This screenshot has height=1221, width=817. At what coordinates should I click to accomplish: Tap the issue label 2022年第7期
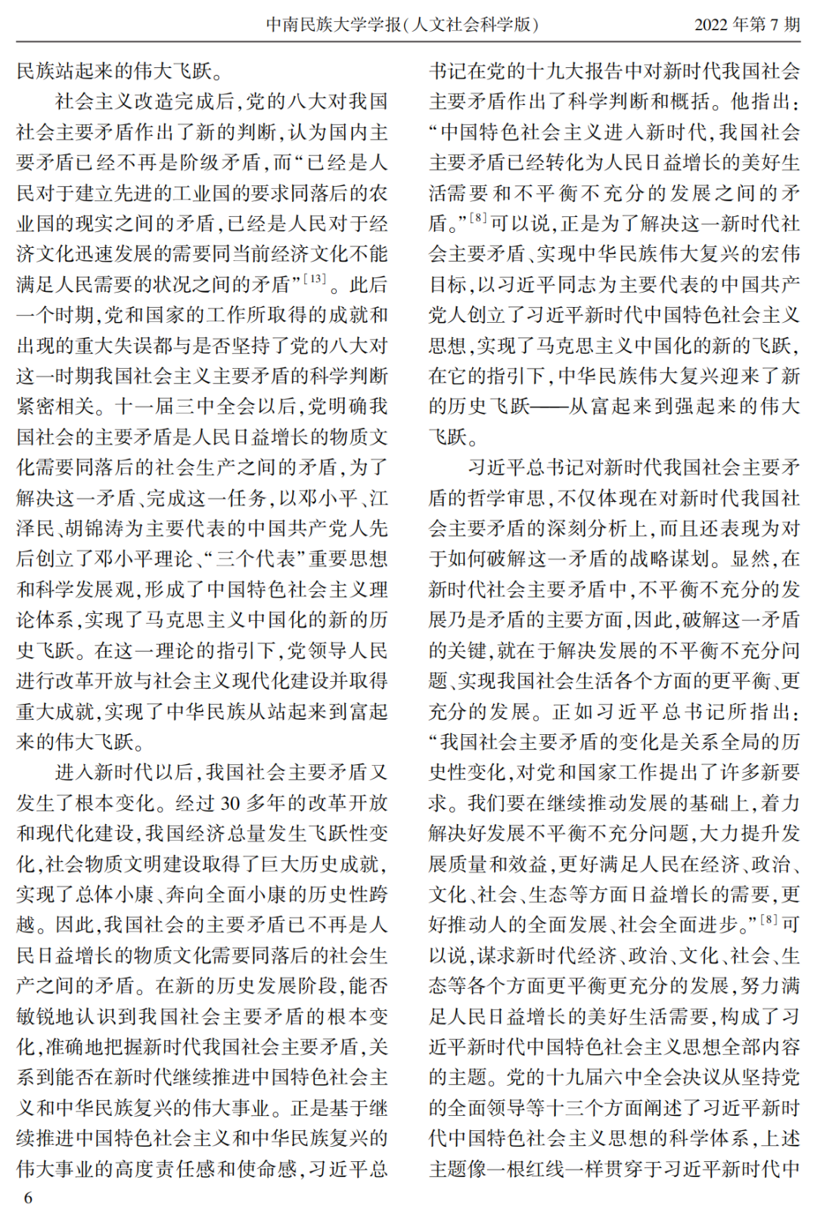(747, 24)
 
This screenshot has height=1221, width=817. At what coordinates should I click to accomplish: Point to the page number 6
(29, 1197)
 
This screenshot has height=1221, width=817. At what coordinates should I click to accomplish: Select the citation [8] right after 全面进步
(769, 919)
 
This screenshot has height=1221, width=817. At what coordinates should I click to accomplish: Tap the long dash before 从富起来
(548, 406)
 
